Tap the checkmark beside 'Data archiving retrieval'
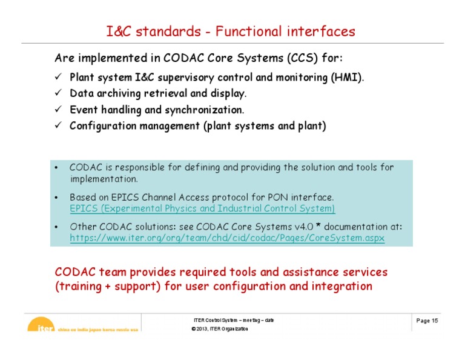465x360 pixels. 59,94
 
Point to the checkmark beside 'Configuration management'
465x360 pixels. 59,127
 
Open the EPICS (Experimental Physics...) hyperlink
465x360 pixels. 202,208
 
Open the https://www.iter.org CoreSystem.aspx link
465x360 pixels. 227,239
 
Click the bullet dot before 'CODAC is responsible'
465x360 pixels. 56,168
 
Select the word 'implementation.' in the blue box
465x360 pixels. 104,179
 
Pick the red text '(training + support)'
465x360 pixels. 108,286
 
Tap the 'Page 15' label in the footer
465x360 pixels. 427,321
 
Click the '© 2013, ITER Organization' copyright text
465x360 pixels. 219,329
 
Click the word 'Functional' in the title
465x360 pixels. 252,31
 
